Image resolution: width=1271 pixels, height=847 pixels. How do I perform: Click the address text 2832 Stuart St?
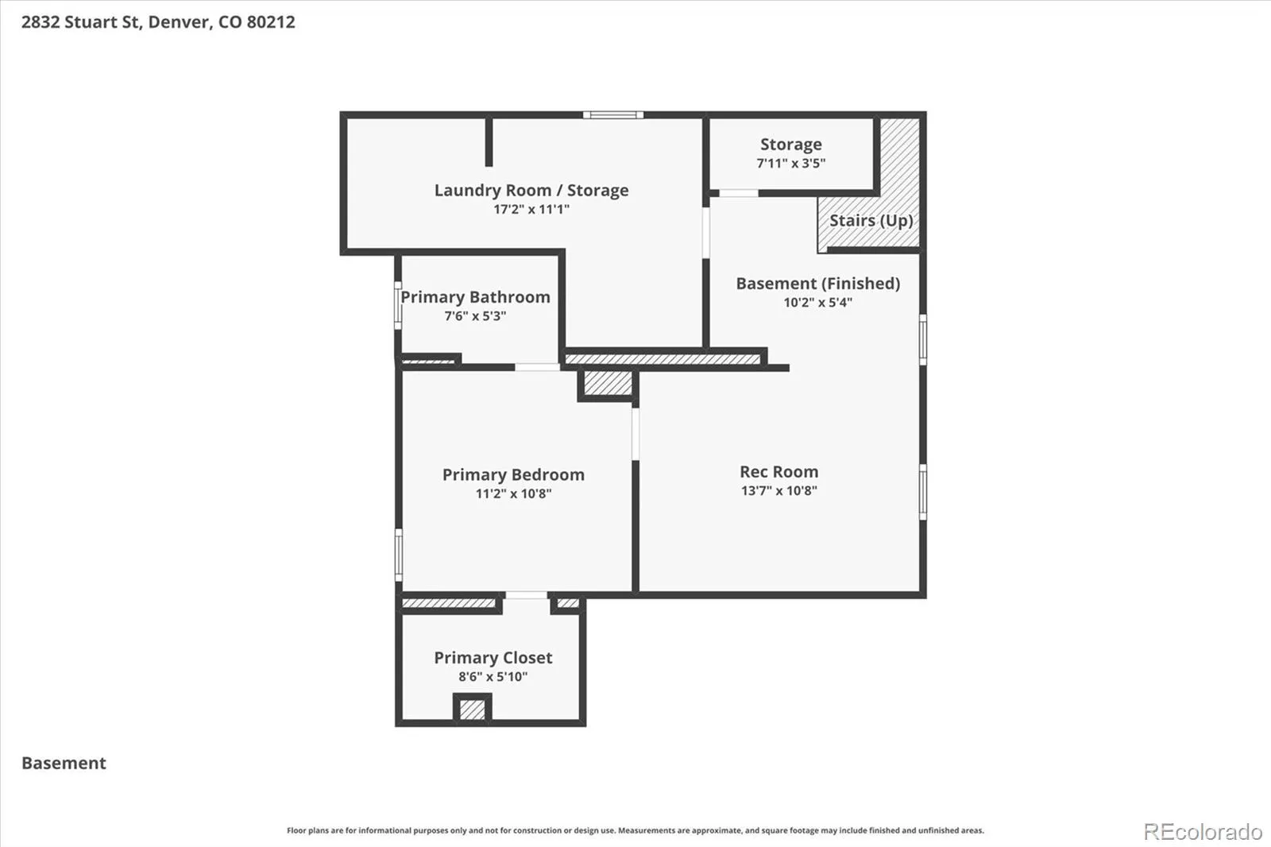82,22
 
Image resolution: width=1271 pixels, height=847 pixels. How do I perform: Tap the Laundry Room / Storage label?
531,190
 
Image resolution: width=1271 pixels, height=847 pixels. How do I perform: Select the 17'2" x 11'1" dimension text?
531,209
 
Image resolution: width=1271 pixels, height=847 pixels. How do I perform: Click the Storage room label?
791,145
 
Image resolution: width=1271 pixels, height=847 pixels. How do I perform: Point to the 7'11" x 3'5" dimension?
791,164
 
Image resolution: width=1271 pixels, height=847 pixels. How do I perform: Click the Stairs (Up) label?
871,220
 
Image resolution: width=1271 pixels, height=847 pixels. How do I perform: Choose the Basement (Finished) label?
817,284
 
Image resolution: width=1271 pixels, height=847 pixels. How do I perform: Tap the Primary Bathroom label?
476,297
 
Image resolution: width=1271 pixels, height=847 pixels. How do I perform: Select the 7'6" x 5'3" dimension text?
475,315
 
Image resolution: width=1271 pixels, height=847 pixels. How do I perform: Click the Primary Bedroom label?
513,474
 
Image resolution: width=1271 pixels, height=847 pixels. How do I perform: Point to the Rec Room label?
779,472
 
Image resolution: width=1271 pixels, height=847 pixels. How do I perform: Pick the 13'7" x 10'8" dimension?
779,490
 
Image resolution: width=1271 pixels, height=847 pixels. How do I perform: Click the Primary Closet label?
493,657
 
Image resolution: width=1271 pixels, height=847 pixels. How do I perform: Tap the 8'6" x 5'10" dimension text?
493,676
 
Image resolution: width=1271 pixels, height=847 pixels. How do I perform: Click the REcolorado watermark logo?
1203,832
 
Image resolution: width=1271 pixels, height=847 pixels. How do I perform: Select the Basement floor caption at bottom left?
64,763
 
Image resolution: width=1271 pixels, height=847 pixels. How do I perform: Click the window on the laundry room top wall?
613,115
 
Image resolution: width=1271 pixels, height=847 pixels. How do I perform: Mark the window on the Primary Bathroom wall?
398,305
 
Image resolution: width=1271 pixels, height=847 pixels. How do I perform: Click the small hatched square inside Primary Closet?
472,710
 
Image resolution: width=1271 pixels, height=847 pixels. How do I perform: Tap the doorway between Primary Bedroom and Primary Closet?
527,595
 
